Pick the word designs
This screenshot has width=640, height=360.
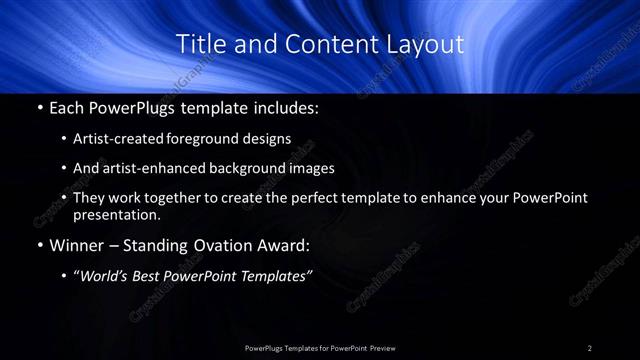(x=269, y=138)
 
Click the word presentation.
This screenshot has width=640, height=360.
(x=116, y=214)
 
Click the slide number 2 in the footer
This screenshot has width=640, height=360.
(x=590, y=347)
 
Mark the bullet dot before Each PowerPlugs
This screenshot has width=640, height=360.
(x=38, y=106)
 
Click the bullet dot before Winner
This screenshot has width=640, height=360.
(x=38, y=246)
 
